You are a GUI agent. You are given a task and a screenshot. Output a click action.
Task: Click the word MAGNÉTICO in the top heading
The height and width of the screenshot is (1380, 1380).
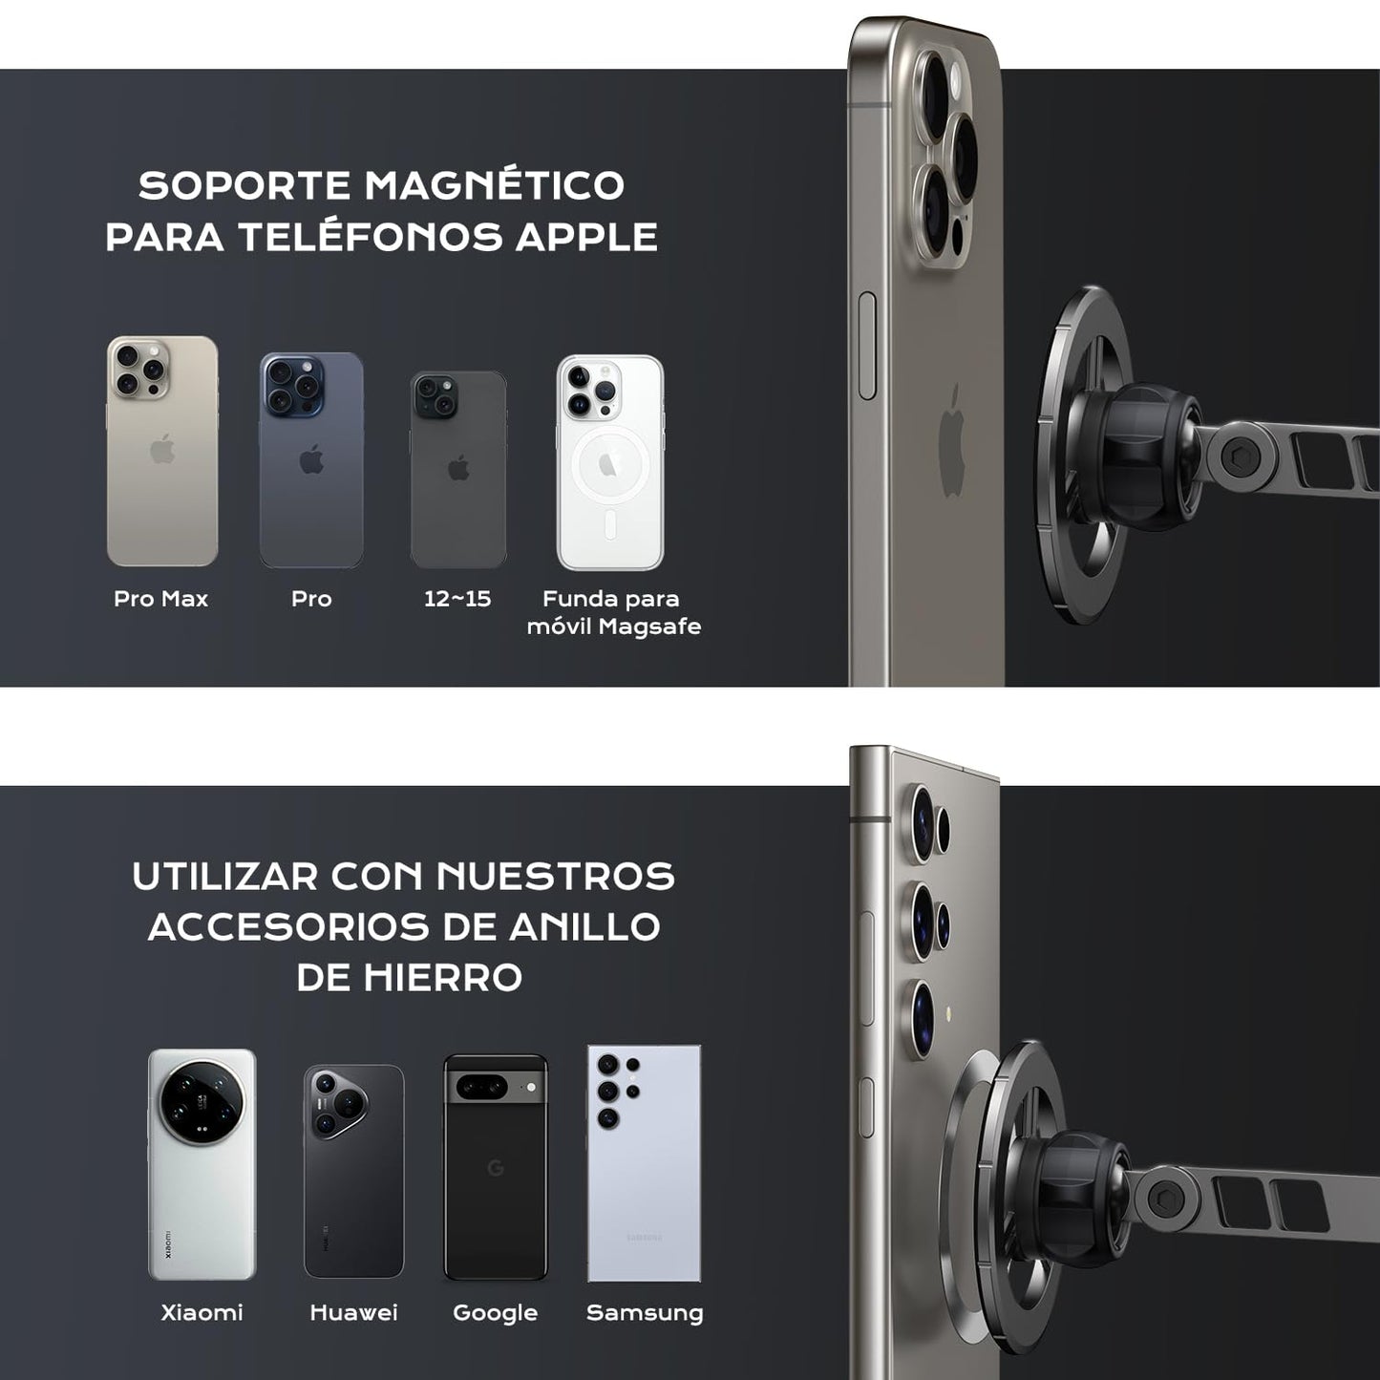[x=494, y=184]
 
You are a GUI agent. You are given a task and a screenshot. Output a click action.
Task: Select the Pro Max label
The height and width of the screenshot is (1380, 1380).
[x=161, y=599]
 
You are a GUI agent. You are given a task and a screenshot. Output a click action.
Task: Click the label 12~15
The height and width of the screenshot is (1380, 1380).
[x=457, y=599]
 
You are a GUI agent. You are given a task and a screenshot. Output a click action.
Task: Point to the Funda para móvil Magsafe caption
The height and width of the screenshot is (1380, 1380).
[x=614, y=612]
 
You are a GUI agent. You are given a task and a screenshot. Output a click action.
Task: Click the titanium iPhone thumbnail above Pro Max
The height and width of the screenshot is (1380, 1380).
[x=162, y=451]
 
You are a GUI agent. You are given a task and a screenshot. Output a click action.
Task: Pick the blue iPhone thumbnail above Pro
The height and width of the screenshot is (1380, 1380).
[x=311, y=460]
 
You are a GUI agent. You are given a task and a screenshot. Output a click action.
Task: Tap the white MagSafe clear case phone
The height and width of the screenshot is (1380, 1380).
[x=610, y=462]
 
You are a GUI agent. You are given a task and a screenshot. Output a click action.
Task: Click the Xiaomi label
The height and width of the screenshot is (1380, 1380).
[x=202, y=1313]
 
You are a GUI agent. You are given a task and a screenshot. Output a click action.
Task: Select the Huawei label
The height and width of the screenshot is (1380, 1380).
[x=353, y=1313]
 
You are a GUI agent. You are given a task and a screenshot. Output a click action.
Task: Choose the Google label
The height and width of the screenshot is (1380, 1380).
[x=495, y=1313]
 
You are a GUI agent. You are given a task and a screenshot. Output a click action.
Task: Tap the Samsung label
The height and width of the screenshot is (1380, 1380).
[x=645, y=1313]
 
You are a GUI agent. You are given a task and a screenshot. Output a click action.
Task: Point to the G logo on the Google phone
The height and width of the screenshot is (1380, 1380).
[x=496, y=1168]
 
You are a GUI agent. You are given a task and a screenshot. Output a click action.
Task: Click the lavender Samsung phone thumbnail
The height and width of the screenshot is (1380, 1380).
[x=644, y=1164]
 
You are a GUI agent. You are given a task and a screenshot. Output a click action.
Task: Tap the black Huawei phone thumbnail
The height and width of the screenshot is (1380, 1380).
[x=353, y=1172]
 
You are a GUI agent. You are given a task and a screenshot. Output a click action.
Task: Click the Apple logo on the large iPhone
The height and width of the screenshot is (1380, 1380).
[x=952, y=439]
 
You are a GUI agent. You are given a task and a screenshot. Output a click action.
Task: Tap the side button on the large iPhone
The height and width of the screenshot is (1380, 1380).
[x=866, y=345]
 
